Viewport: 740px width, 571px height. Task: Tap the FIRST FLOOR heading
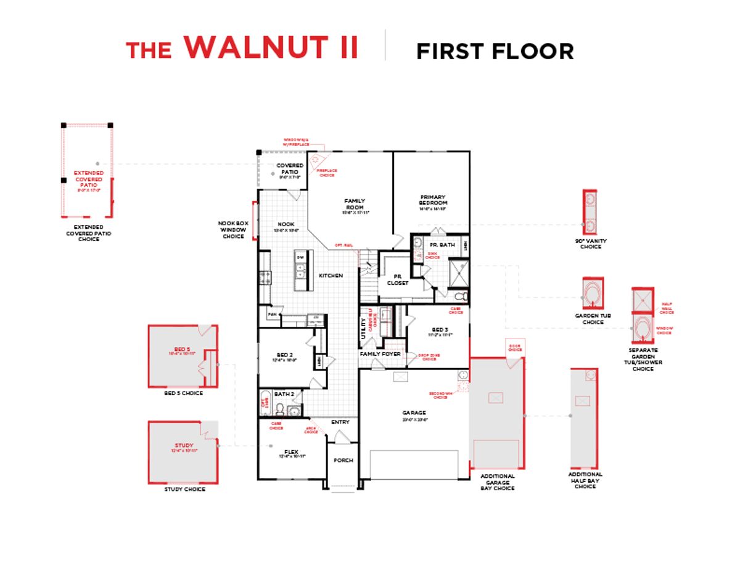click(495, 51)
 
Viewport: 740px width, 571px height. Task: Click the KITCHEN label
click(331, 275)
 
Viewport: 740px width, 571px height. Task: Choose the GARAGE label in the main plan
click(414, 413)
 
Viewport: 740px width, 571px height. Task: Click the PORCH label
click(343, 461)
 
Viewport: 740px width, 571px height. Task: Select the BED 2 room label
click(284, 355)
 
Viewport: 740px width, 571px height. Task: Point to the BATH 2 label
click(284, 393)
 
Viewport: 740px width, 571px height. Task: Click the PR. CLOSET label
click(397, 279)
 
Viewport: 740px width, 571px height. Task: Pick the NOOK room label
click(286, 224)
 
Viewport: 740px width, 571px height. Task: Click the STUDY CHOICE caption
click(184, 489)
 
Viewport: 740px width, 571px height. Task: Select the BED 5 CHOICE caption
click(183, 393)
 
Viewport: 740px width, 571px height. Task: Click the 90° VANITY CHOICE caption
click(590, 244)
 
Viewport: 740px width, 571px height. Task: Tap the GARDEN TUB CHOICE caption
click(593, 319)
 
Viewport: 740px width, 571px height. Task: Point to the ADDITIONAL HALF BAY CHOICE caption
click(585, 480)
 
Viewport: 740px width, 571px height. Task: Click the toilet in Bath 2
click(280, 409)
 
